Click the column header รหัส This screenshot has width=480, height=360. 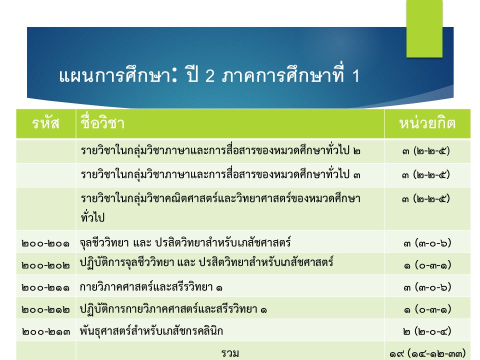45,123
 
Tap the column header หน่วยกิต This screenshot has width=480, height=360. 427,123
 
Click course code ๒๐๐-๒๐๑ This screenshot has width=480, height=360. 45,243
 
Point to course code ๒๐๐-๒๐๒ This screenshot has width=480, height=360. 45,265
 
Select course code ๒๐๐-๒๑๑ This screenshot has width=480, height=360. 45,288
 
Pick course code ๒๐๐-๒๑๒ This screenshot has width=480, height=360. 45,310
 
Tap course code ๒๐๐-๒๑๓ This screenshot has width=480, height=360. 45,332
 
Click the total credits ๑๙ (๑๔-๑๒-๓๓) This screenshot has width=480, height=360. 427,353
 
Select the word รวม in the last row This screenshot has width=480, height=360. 230,353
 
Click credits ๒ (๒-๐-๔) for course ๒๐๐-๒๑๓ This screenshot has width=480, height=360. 427,331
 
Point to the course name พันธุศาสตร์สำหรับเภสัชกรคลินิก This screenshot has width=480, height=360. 151,331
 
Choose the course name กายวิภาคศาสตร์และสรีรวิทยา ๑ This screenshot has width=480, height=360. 151,287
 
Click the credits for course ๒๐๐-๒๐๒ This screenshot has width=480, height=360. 427,265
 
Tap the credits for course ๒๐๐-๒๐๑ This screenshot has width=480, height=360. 427,243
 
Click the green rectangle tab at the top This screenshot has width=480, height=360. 424,28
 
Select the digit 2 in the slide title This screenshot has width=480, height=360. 209,76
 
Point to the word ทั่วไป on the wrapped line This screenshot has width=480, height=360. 93,217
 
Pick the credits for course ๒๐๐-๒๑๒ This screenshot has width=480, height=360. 427,309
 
